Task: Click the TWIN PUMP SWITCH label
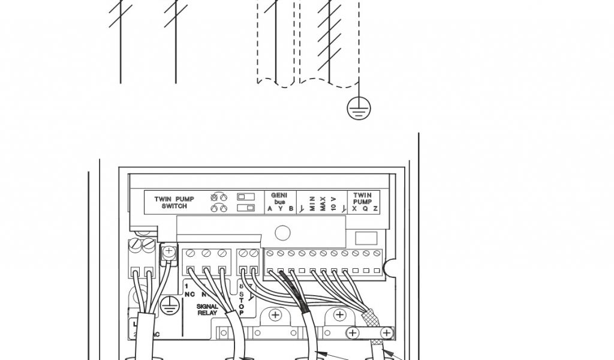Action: coord(170,202)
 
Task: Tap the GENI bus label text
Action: coord(279,198)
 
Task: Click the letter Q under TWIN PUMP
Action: coord(365,209)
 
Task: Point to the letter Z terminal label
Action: coord(375,209)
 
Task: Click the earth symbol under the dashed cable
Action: coord(359,108)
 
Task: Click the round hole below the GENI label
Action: coord(282,233)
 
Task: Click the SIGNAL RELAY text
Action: coord(207,310)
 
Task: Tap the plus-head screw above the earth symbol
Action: coord(169,251)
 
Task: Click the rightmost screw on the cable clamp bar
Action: coord(387,332)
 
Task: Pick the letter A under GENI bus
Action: coord(270,209)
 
